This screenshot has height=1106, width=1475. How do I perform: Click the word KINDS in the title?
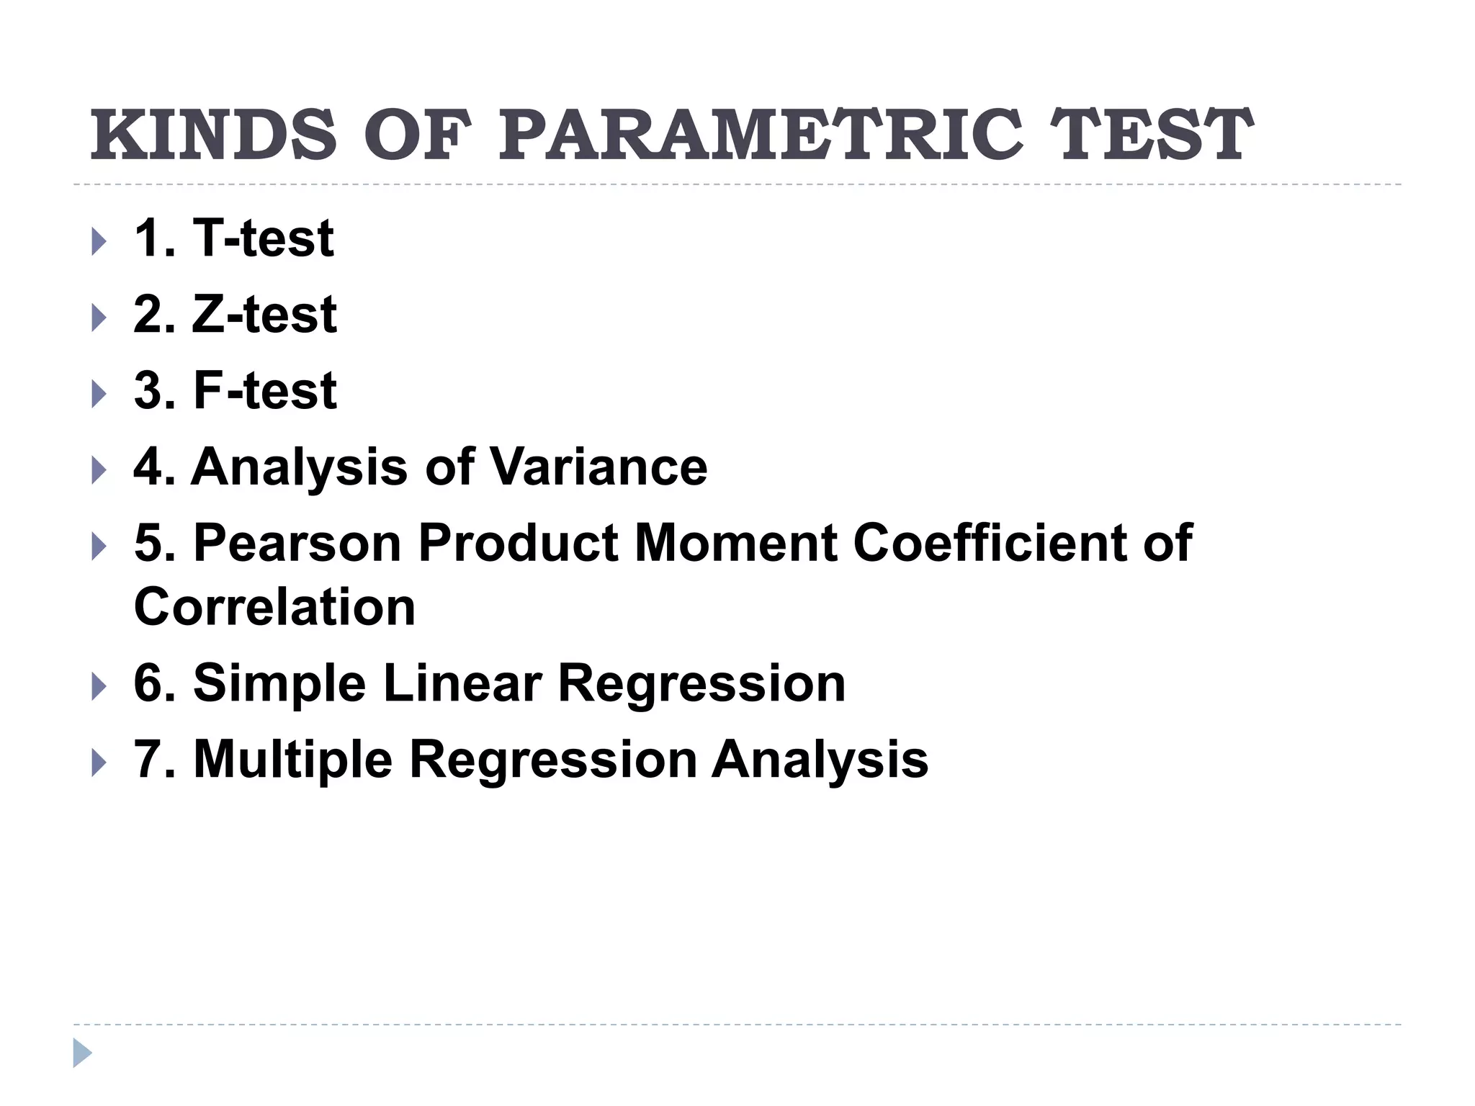(x=213, y=135)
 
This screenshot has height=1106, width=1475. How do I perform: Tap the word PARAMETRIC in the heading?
(x=760, y=135)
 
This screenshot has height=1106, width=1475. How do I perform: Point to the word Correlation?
(x=274, y=607)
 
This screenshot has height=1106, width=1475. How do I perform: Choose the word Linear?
(x=462, y=683)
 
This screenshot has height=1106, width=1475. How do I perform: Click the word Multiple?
(x=292, y=760)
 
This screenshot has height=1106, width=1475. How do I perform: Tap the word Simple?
(x=279, y=683)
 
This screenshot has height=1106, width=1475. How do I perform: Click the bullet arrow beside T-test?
(x=99, y=242)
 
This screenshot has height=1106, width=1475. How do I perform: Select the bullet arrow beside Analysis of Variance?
(x=99, y=472)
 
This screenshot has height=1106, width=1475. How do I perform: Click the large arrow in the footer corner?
(x=82, y=1053)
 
